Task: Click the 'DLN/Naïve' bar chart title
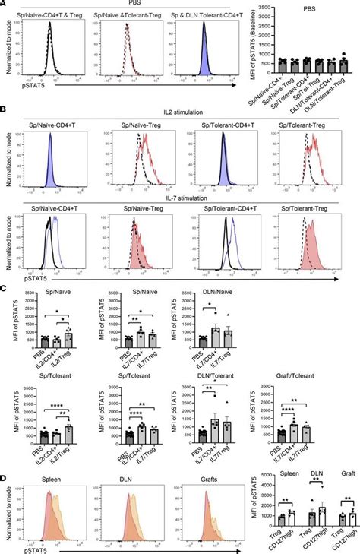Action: pyautogui.click(x=194, y=291)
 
